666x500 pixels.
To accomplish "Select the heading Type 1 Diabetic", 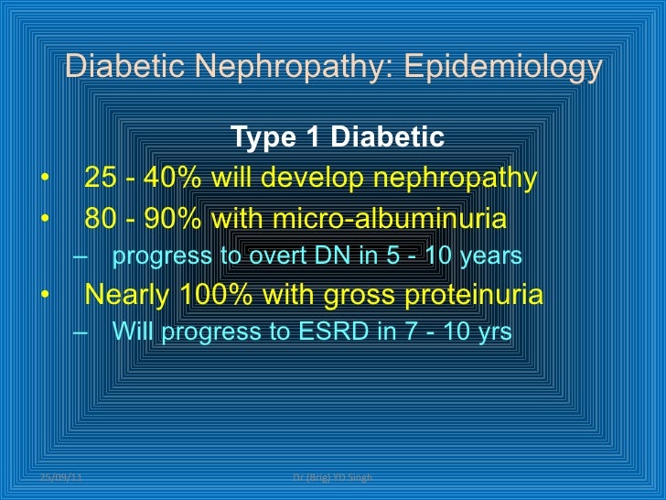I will [x=338, y=137].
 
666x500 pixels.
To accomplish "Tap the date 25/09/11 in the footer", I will [x=60, y=479].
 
